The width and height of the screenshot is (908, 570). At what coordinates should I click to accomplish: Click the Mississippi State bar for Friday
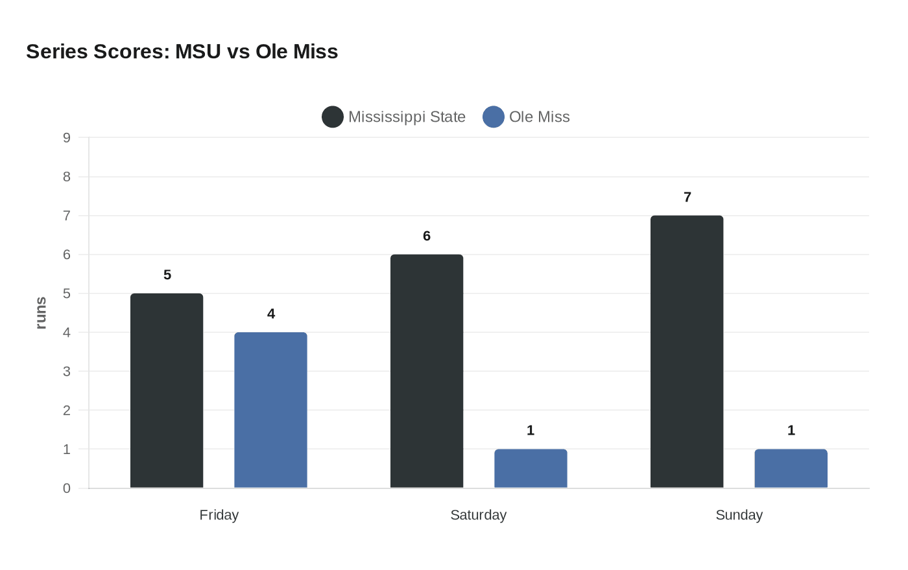(167, 391)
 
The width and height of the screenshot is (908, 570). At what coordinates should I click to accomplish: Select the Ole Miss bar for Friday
(270, 410)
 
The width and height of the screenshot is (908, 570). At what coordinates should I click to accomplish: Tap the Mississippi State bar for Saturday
(427, 371)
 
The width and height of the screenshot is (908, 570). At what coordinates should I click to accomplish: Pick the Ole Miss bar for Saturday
(531, 468)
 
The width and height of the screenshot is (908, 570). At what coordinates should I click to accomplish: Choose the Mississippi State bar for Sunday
(687, 352)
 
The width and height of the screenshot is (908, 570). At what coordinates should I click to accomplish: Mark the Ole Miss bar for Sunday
(791, 468)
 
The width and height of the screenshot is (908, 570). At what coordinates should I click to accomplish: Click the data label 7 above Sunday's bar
(687, 197)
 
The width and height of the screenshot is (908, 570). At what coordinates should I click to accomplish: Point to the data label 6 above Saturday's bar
(427, 236)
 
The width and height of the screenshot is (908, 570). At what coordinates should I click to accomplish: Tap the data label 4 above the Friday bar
(271, 313)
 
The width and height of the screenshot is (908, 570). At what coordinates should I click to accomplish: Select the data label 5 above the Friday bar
(167, 275)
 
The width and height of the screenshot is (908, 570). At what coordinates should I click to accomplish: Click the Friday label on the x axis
(219, 515)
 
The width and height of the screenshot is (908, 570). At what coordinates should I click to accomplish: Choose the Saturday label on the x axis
(478, 515)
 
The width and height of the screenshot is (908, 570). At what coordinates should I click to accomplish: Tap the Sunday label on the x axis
(739, 515)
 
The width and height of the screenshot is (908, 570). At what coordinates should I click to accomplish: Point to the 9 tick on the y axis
(67, 137)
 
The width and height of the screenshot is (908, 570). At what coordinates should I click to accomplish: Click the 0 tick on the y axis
(67, 488)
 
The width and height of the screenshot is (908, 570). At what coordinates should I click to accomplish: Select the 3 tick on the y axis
(67, 372)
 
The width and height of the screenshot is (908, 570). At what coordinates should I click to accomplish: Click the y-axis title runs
(41, 313)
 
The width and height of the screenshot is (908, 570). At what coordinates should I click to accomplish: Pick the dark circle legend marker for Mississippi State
(333, 117)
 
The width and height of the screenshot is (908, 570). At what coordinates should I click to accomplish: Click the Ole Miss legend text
(539, 117)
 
